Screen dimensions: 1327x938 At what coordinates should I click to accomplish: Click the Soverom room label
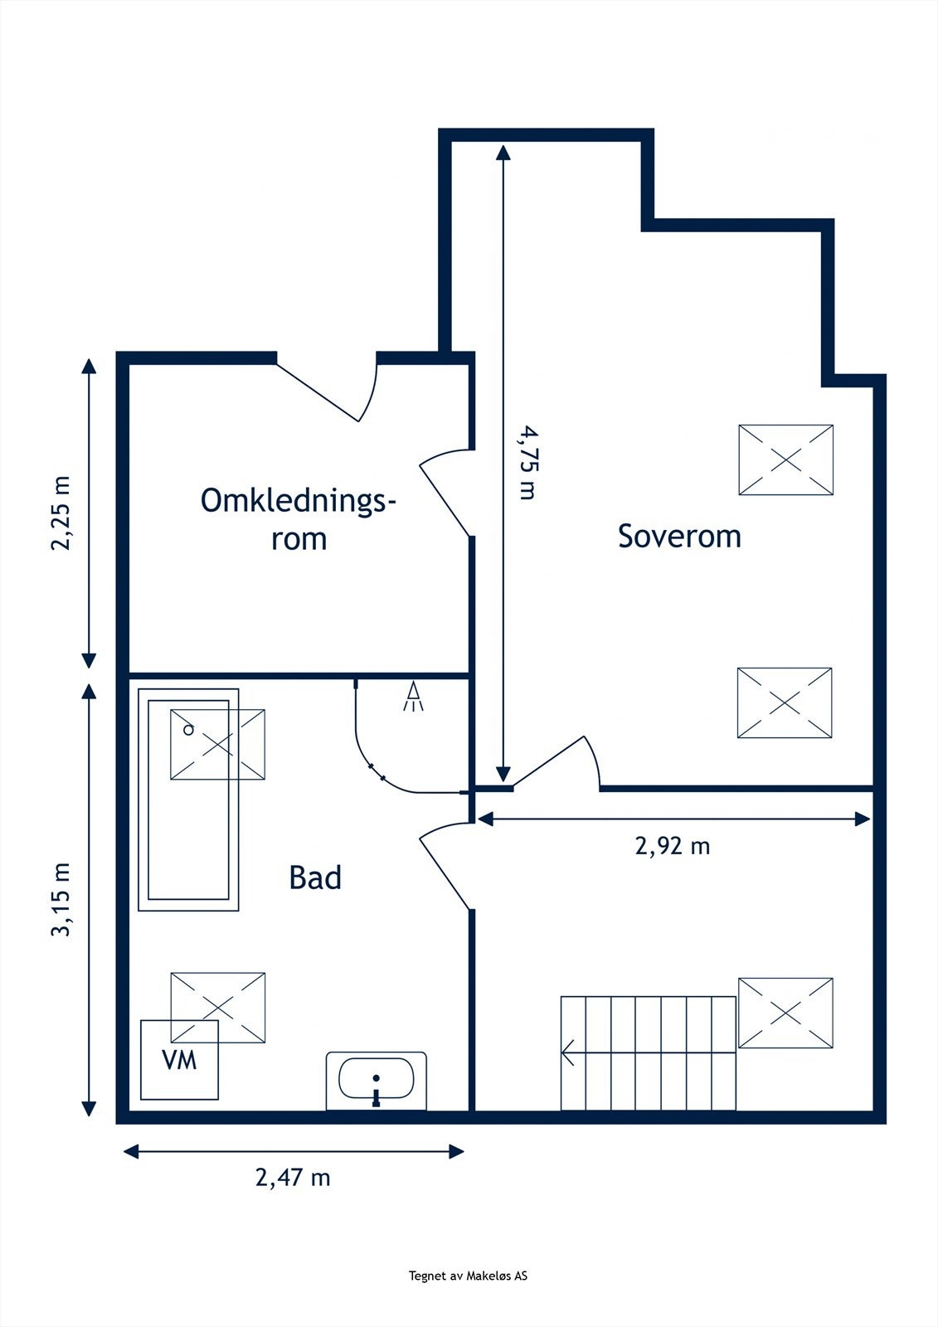[x=679, y=537]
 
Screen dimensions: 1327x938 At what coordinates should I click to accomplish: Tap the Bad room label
[x=315, y=877]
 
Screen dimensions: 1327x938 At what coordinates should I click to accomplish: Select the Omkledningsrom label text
[x=299, y=519]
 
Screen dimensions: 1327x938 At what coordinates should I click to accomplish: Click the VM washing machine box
[x=179, y=1060]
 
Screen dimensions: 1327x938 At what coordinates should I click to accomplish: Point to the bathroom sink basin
[x=377, y=1079]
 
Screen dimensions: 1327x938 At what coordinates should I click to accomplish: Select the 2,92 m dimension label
[x=673, y=846]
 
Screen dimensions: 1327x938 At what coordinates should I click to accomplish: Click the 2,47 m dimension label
[x=293, y=1177]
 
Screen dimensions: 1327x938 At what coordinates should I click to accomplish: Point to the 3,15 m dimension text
[x=61, y=900]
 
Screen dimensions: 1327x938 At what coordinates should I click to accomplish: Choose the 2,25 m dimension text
[x=61, y=513]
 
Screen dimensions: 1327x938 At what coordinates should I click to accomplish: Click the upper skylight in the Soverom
[x=785, y=460]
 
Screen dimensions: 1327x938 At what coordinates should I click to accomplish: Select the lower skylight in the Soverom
[x=785, y=702]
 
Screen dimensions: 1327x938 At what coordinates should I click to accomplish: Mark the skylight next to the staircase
[x=785, y=1013]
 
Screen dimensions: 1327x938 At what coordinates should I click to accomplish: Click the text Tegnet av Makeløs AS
[x=468, y=1276]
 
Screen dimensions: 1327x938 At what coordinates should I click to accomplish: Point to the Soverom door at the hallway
[x=554, y=761]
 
